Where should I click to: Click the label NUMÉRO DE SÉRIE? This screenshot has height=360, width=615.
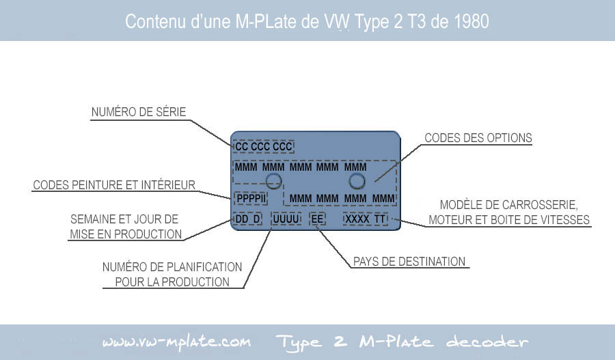pos(139,112)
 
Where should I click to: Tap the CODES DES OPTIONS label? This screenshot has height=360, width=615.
pos(478,138)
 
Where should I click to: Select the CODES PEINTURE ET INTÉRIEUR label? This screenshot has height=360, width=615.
pos(113,184)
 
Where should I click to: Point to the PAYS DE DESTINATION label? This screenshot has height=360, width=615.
pos(409,262)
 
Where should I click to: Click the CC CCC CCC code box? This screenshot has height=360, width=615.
pos(264,147)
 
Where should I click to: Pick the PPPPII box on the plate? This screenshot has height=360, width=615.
pos(251,198)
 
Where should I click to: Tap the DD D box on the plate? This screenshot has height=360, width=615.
pos(247,219)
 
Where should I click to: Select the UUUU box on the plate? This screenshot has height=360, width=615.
pos(286,219)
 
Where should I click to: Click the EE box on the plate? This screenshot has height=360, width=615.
pos(317,219)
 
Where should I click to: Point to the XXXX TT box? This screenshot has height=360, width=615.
pos(366,219)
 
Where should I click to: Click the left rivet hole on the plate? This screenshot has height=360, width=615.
pos(273,181)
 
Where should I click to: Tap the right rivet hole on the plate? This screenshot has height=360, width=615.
pos(357,181)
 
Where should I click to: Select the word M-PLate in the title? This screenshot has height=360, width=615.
pos(266,21)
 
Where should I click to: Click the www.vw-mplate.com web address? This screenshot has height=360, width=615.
pos(176,342)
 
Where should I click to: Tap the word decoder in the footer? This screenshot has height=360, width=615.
pos(487,342)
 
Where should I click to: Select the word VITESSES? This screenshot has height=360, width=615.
pos(564,219)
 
